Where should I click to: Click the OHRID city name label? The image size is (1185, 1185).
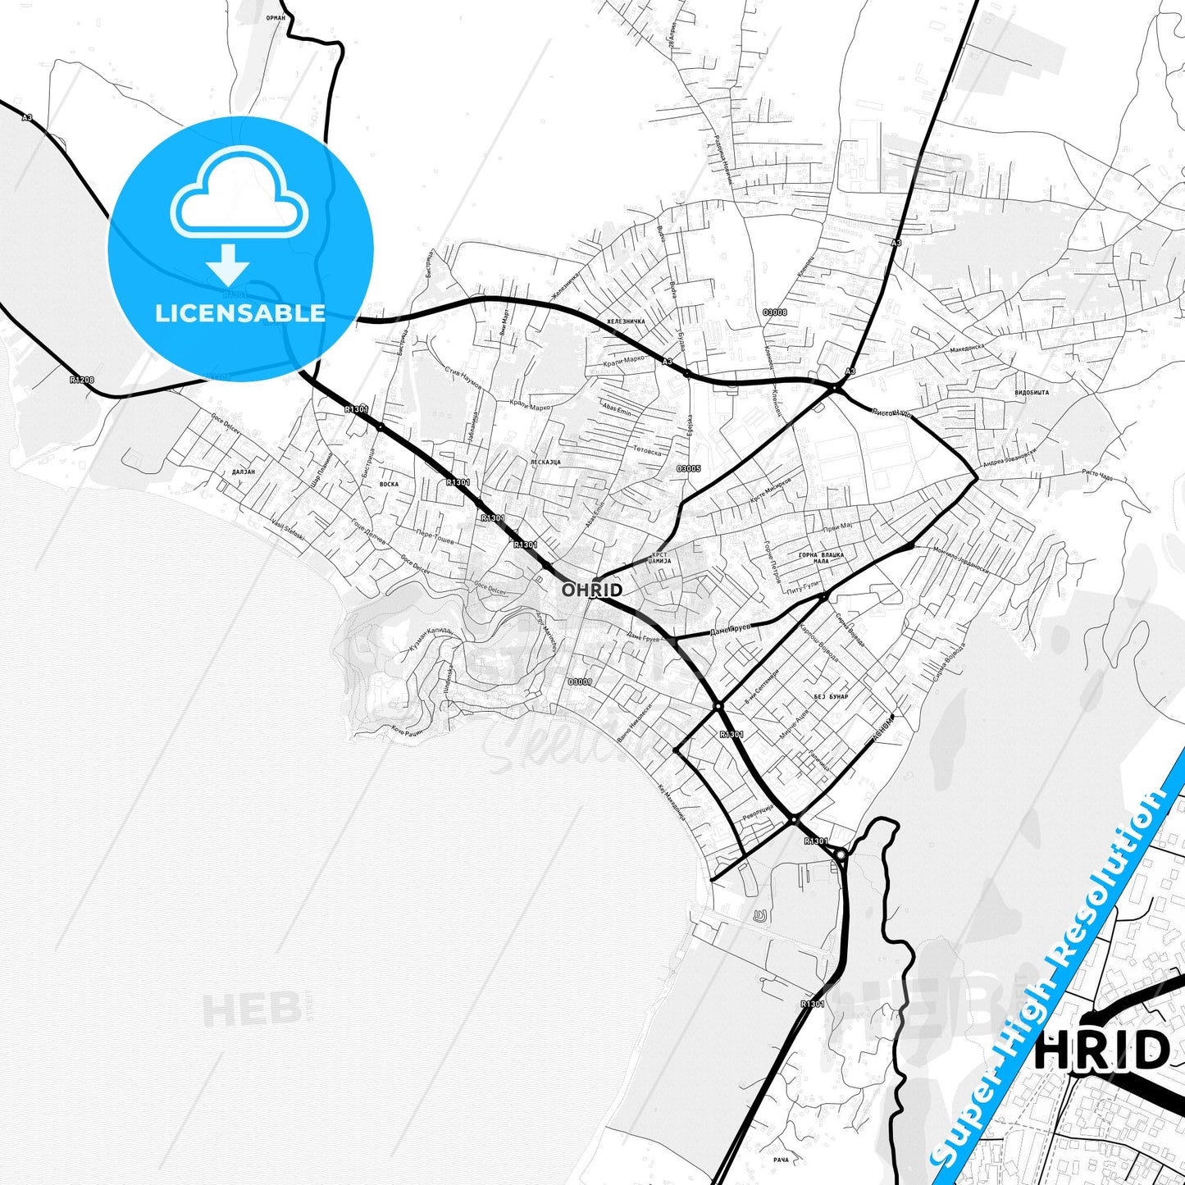coord(591,590)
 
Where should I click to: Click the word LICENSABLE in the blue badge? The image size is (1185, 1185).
coord(240,313)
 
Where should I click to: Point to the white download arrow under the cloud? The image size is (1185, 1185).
coord(228,264)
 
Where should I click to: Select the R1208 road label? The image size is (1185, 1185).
coord(82,380)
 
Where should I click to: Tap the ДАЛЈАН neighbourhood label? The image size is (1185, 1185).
coord(244,472)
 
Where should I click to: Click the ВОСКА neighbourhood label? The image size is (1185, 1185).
coord(389,485)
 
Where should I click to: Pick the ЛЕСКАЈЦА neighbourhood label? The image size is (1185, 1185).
coord(545,463)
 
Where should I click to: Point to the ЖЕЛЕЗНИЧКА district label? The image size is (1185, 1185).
coord(626,322)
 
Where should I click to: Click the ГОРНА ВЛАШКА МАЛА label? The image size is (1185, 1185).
coord(821,558)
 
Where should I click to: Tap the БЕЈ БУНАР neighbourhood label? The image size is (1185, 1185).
coord(831,697)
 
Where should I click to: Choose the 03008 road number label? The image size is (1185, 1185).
coord(775,312)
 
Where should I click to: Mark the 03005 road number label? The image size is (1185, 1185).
coord(689,468)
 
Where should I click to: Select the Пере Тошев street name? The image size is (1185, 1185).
coord(435,539)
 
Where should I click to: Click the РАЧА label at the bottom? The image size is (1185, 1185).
coord(781,1160)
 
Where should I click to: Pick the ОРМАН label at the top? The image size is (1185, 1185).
coord(276,17)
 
